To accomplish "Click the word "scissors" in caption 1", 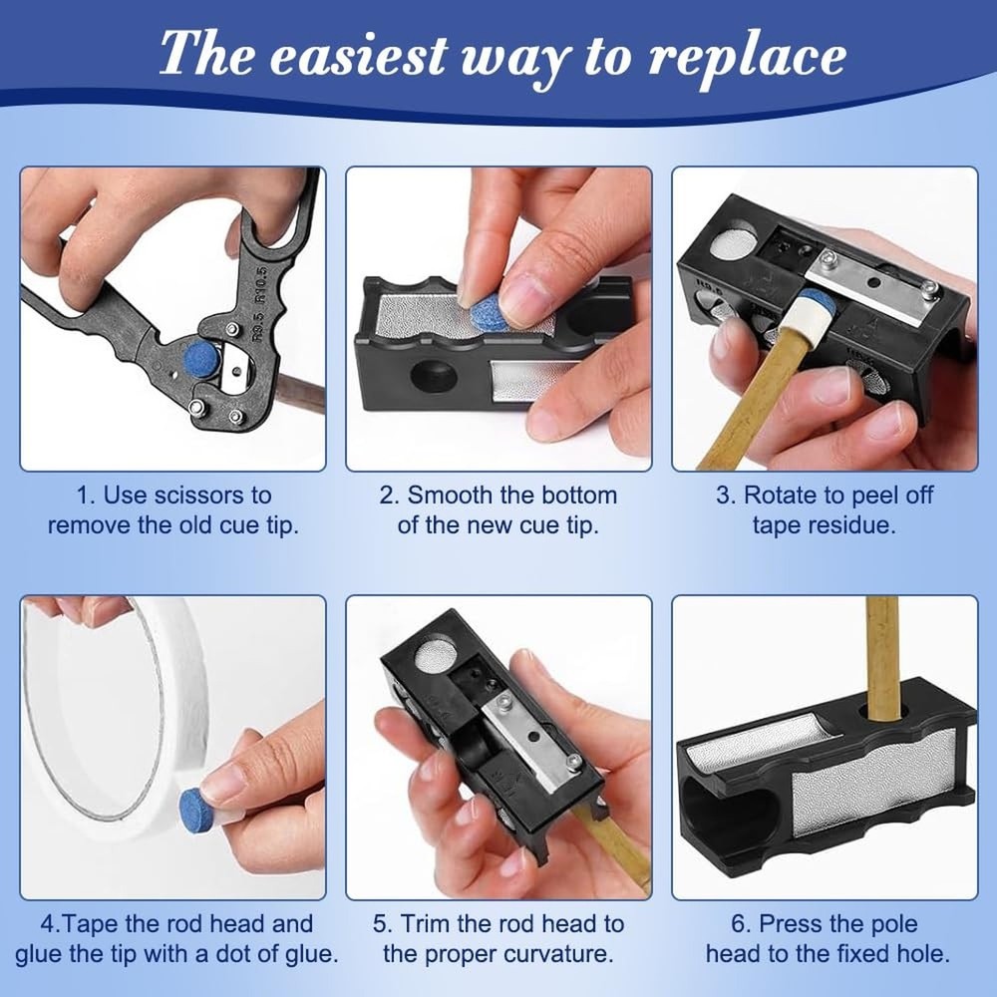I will (x=223, y=495).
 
